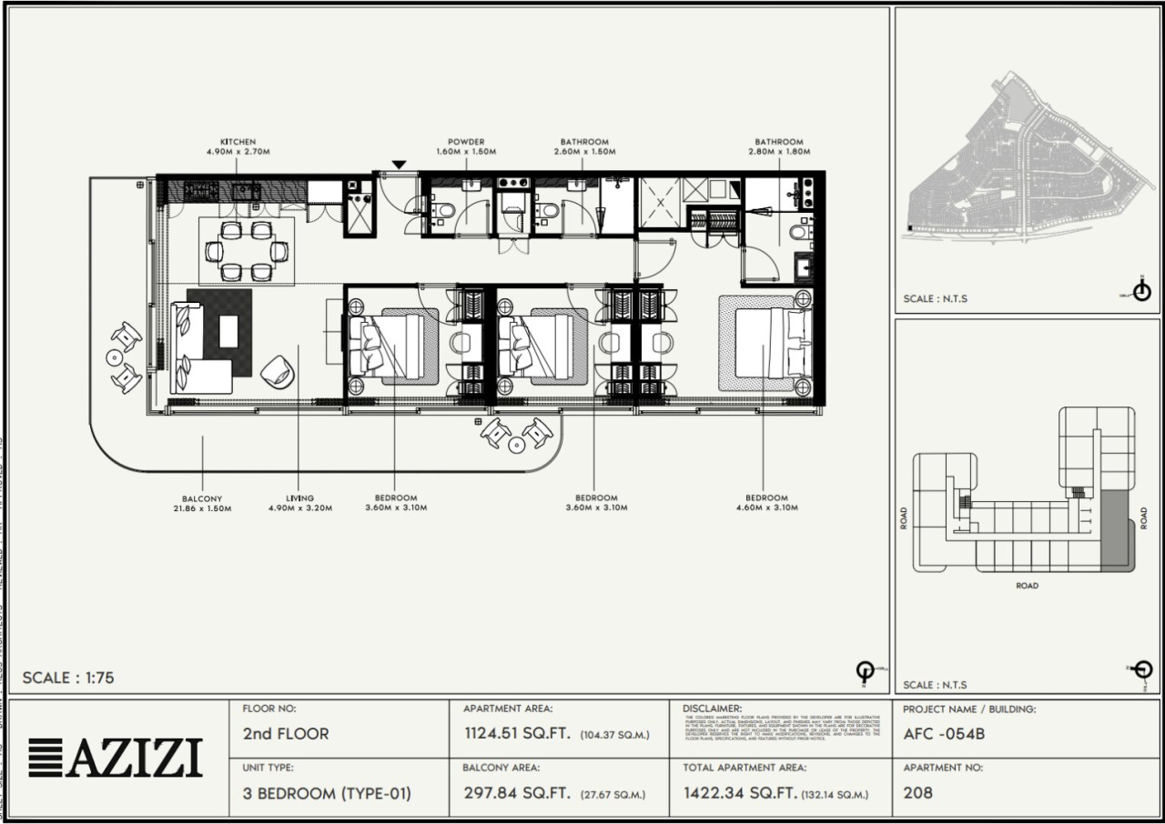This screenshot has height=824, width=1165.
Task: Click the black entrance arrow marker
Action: (x=399, y=165)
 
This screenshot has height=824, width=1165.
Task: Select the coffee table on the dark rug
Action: (x=228, y=331)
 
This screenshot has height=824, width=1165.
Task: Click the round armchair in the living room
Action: (x=276, y=370)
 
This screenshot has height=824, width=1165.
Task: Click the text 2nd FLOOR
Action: (x=286, y=734)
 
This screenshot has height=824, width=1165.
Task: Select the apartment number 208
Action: (x=918, y=793)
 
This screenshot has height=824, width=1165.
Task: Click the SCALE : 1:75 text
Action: (x=68, y=678)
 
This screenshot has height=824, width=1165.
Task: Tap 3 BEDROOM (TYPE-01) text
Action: (x=327, y=793)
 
